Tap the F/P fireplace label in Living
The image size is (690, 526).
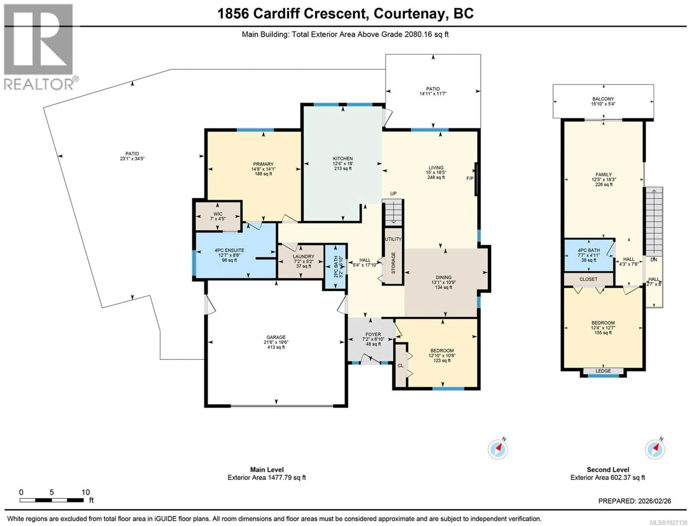pyautogui.click(x=470, y=178)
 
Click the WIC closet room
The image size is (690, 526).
pyautogui.click(x=218, y=216)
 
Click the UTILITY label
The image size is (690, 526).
pyautogui.click(x=393, y=239)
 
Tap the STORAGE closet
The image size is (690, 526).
pyautogui.click(x=393, y=263)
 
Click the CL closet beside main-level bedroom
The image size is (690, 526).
pyautogui.click(x=400, y=366)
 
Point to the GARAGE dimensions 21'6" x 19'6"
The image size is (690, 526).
pyautogui.click(x=276, y=342)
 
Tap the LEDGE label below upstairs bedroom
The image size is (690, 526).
pyautogui.click(x=603, y=371)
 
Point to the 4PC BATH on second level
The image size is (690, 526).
pyautogui.click(x=588, y=255)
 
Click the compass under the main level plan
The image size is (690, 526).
pyautogui.click(x=497, y=450)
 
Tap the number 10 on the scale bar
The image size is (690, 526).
pyautogui.click(x=86, y=493)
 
